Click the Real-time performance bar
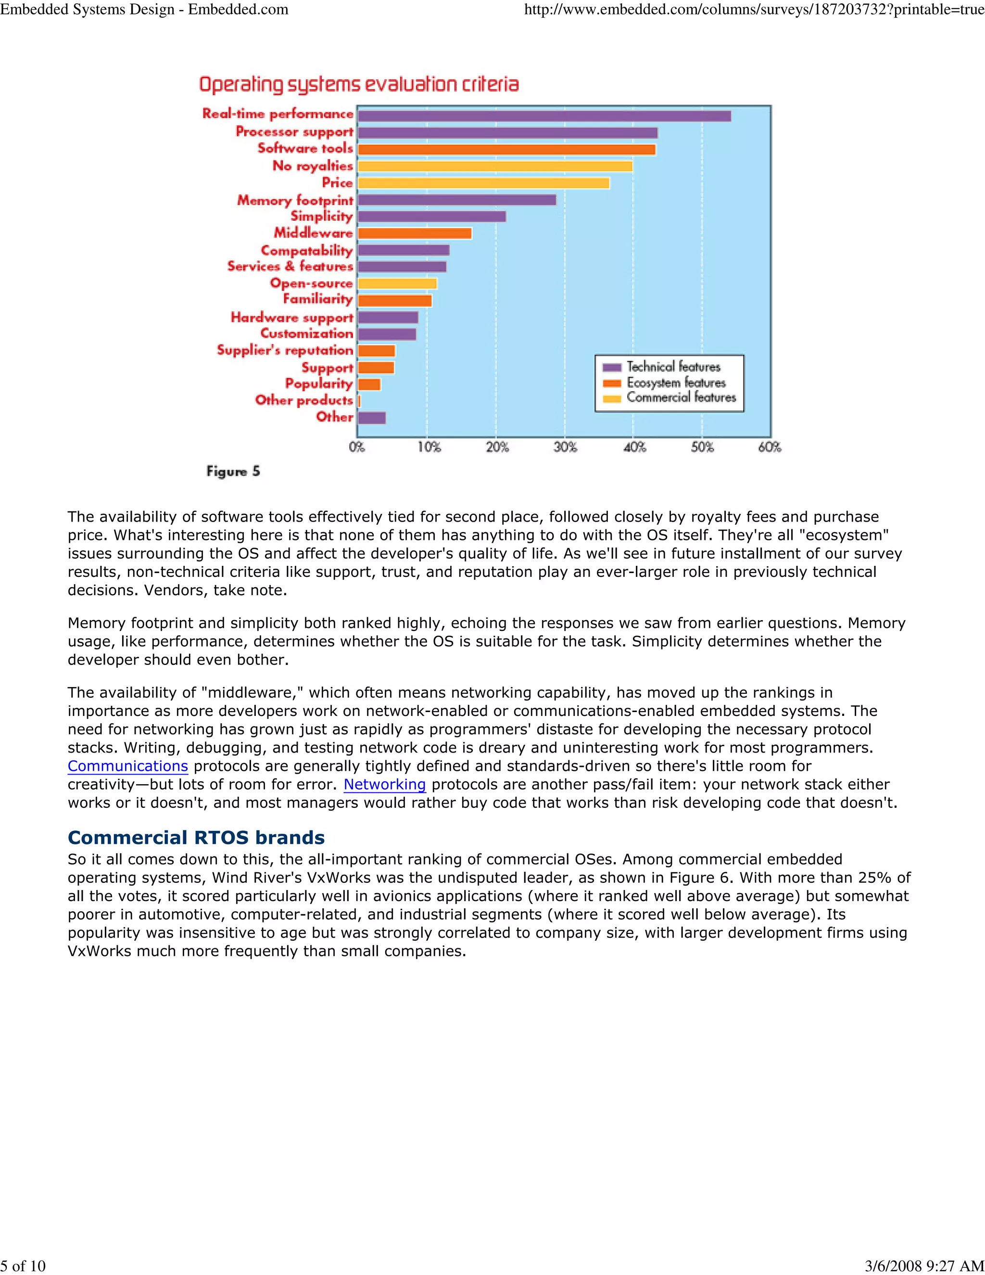544,115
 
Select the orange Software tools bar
506,150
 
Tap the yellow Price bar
483,183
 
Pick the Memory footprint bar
457,200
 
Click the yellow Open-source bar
397,284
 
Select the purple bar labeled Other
372,418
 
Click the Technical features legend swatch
612,367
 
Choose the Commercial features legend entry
681,397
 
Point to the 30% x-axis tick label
565,447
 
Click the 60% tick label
769,447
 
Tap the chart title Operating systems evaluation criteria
359,85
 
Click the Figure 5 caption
233,471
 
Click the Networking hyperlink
385,785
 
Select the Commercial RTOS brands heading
196,837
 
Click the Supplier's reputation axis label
285,350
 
